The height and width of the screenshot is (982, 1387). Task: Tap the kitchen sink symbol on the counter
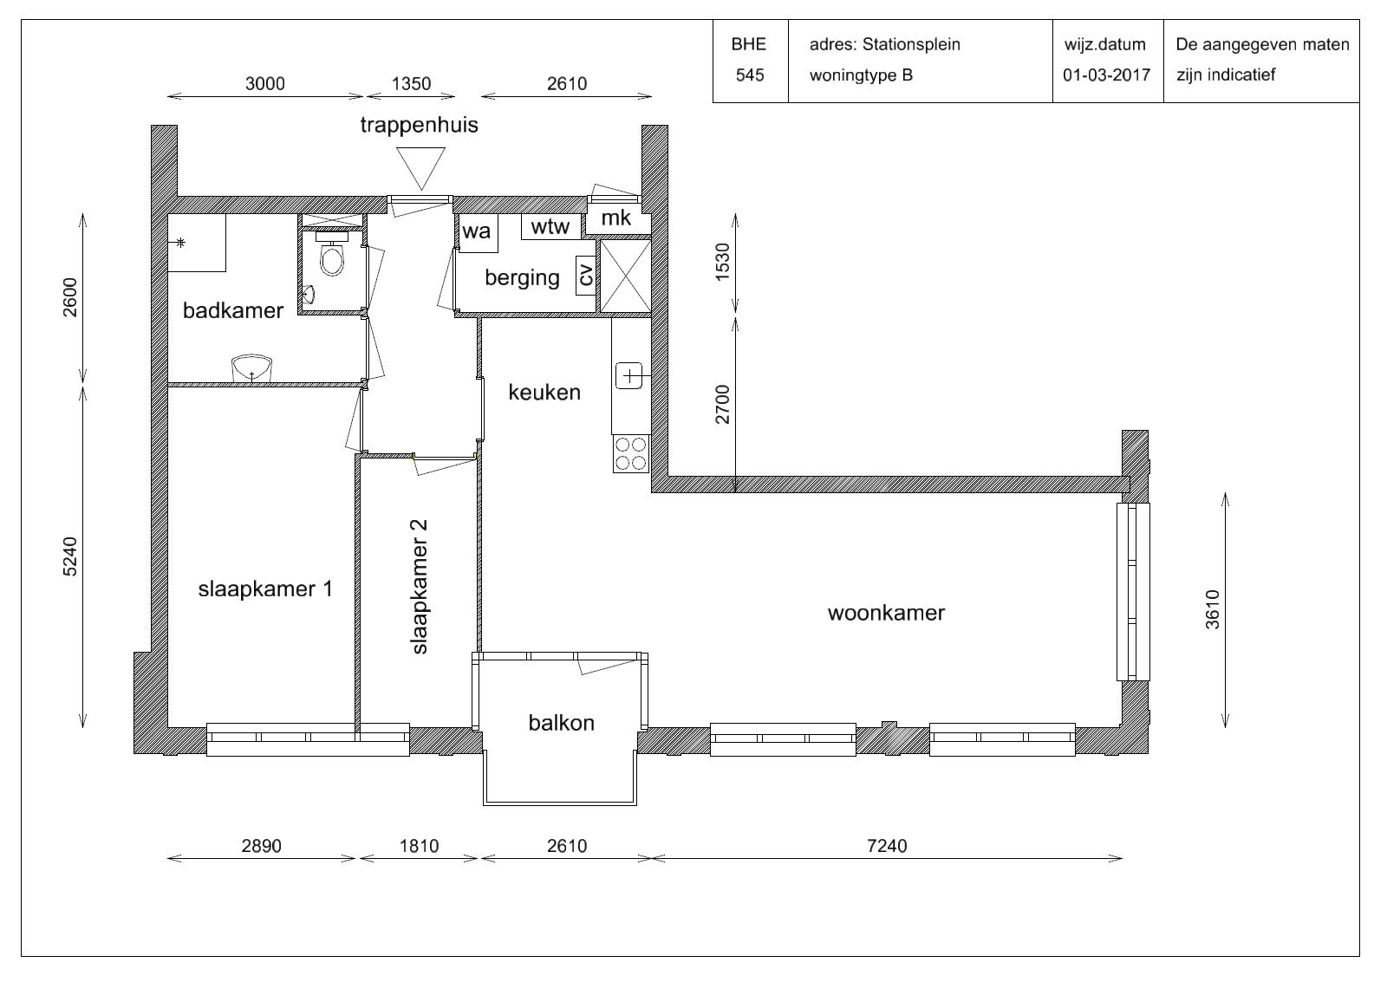[629, 376]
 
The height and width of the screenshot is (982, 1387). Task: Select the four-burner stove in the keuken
[631, 454]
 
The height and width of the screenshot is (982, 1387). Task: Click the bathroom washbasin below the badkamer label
[251, 368]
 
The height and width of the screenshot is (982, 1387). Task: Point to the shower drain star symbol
[180, 243]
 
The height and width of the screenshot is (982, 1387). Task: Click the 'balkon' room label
[562, 723]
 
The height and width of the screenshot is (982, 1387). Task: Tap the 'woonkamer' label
[886, 613]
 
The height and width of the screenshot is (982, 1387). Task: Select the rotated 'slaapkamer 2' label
[420, 587]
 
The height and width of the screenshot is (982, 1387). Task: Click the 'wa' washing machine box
[477, 233]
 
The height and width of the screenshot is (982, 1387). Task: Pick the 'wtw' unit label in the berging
[550, 226]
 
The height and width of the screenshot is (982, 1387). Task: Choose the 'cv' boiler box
[586, 276]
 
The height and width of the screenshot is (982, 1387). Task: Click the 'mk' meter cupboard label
[616, 218]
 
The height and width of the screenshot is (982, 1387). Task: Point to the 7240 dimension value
[887, 846]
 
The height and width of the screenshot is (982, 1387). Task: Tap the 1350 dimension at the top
[411, 83]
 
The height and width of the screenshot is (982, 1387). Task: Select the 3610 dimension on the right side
[1213, 610]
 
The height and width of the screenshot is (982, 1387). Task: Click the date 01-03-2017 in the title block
[1106, 75]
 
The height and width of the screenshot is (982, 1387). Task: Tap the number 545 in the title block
[750, 75]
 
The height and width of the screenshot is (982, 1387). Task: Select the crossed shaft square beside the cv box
[625, 276]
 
